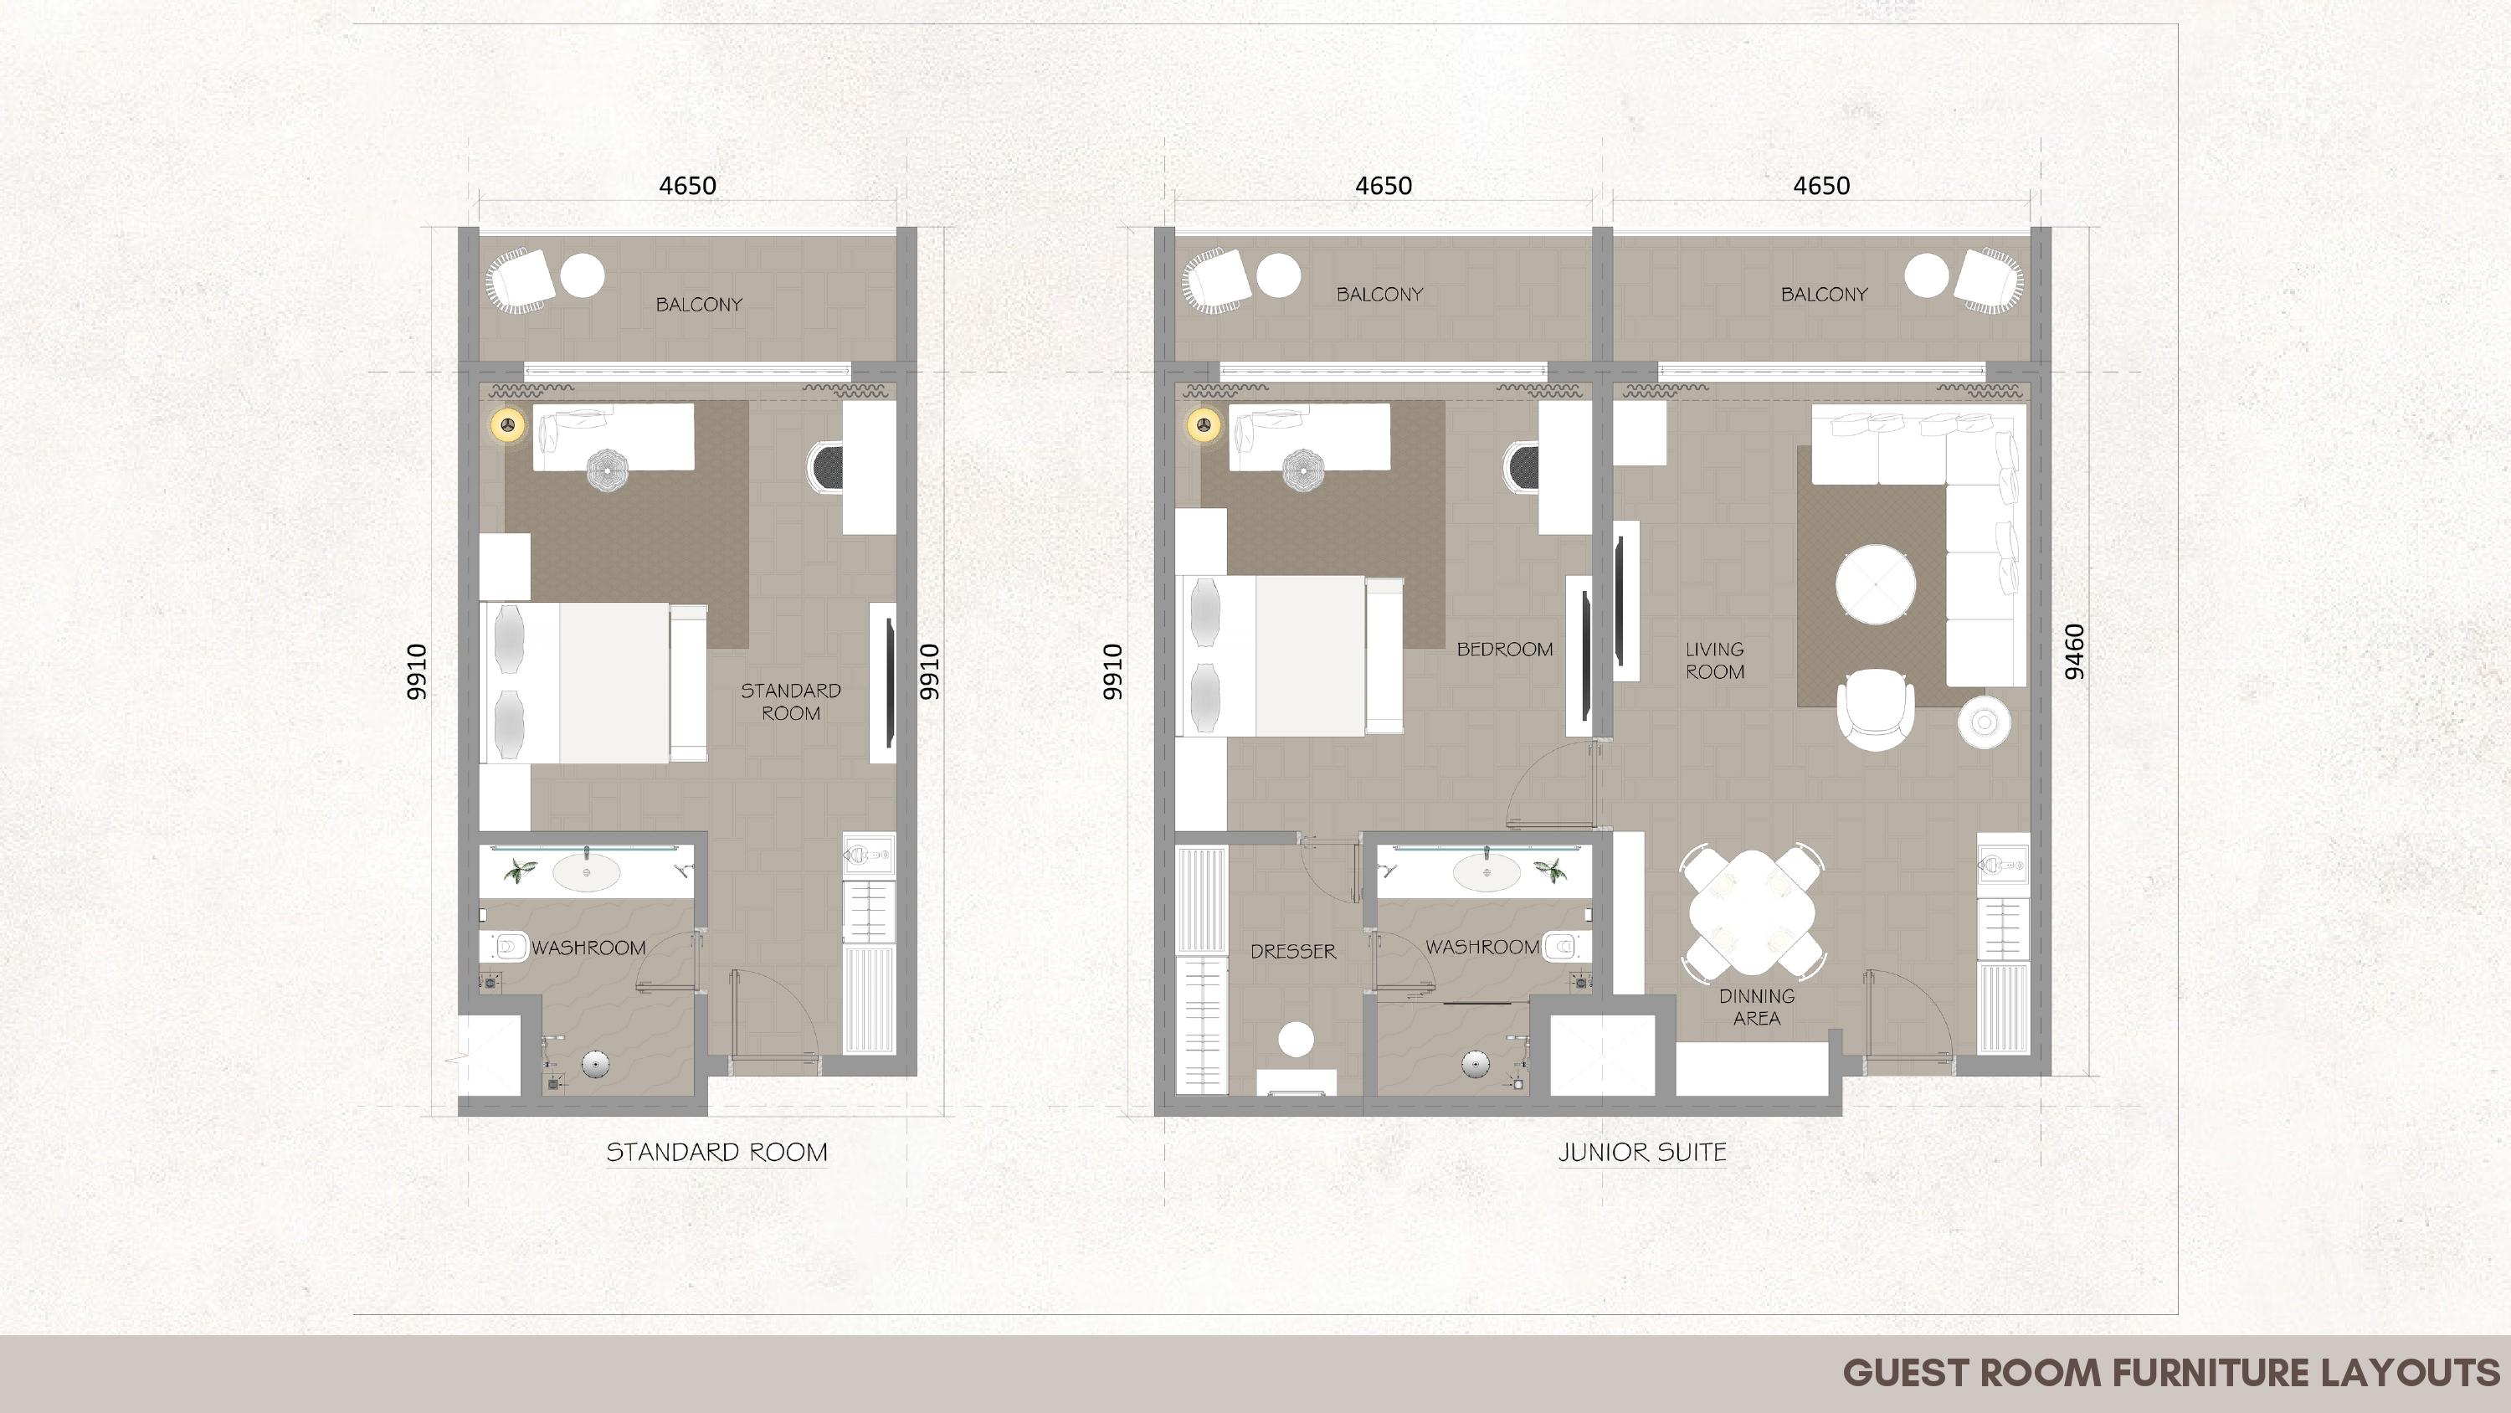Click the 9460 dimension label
[x=2075, y=651]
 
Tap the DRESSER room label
[x=1292, y=952]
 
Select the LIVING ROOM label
[x=1715, y=660]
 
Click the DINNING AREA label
[x=1757, y=1006]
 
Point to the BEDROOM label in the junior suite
[x=1504, y=650]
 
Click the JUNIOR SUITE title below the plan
[x=1642, y=1153]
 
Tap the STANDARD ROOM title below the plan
[x=716, y=1153]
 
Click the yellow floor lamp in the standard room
[x=508, y=425]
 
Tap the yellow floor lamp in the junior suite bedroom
[x=1204, y=425]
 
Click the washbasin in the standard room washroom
[x=586, y=874]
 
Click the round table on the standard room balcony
[x=582, y=275]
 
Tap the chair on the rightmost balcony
[x=1990, y=281]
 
